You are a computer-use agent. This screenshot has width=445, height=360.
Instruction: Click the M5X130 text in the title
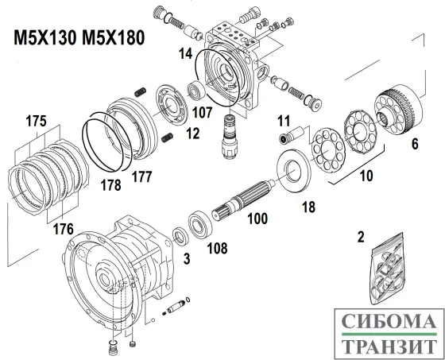coord(45,39)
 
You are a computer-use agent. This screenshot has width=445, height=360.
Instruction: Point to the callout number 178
coord(110,186)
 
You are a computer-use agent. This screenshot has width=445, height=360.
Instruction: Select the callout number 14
coord(186,54)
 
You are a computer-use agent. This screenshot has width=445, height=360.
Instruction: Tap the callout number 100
coord(257,216)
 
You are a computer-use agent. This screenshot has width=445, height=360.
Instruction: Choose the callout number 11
coord(283,121)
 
